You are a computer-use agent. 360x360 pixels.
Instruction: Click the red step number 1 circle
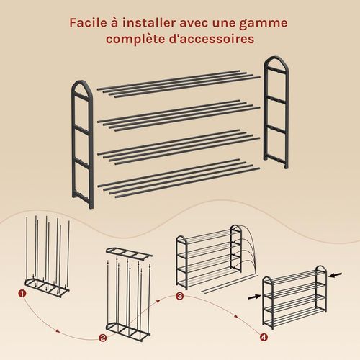(x=22, y=293)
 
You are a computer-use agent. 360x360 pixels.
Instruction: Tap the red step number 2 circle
(x=103, y=338)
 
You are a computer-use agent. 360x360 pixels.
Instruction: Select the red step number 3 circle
(x=179, y=296)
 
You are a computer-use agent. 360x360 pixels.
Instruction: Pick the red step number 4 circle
(x=264, y=337)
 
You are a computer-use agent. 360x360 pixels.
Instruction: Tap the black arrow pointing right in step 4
(x=254, y=297)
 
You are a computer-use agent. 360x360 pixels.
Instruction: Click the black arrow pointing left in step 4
(x=336, y=275)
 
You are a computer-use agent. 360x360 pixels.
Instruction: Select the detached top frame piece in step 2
(x=129, y=253)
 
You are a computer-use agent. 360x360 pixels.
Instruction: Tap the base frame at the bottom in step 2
(x=128, y=331)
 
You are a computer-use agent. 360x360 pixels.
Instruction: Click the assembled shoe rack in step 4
(x=294, y=297)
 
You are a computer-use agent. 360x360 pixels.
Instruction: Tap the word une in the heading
(x=224, y=24)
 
